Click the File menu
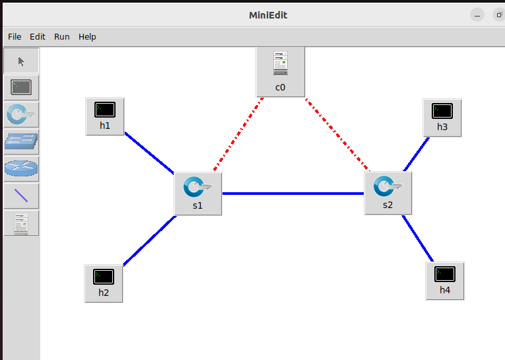click(x=15, y=37)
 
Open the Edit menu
click(x=38, y=37)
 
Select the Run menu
click(x=62, y=37)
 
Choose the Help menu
click(x=87, y=37)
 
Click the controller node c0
click(x=281, y=71)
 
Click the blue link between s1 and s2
click(x=293, y=194)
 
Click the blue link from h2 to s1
click(x=149, y=240)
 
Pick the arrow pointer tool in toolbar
click(x=22, y=61)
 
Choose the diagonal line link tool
click(x=22, y=196)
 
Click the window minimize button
click(x=478, y=15)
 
